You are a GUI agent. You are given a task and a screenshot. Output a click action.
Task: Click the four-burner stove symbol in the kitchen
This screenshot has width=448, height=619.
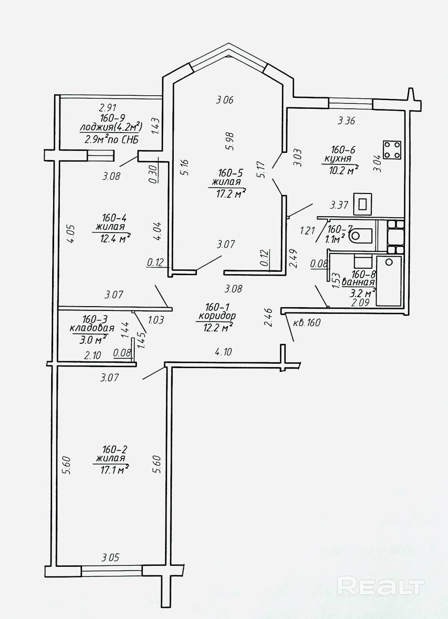click(x=392, y=150)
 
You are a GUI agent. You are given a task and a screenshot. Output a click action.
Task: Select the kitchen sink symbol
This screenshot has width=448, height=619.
click(x=363, y=204)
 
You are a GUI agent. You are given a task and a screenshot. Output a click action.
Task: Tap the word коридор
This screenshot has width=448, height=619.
click(x=217, y=316)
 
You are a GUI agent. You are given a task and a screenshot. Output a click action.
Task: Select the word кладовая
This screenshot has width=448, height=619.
click(x=92, y=328)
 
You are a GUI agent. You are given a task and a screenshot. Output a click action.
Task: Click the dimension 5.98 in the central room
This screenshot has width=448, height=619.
click(x=229, y=141)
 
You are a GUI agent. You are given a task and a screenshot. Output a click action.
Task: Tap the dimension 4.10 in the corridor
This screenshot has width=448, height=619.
click(x=223, y=352)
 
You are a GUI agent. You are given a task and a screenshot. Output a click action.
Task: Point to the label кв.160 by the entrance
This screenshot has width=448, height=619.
click(x=307, y=323)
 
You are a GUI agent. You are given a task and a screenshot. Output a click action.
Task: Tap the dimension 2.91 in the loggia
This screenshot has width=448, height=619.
click(x=108, y=107)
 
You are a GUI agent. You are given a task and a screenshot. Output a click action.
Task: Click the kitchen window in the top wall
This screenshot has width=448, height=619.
click(x=351, y=103)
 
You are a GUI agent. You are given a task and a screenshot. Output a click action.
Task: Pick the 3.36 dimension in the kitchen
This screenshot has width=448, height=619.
click(x=346, y=120)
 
